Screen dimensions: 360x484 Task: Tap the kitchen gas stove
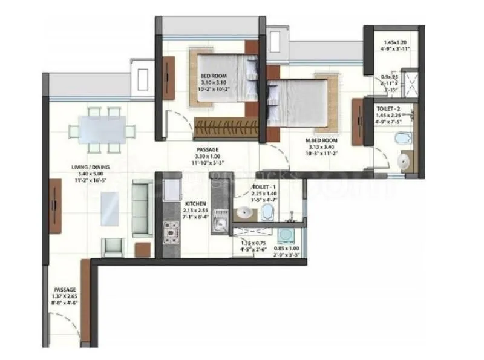click(x=169, y=230)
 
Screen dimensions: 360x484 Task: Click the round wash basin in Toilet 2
click(x=404, y=161)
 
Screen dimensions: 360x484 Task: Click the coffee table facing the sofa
click(x=110, y=208)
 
